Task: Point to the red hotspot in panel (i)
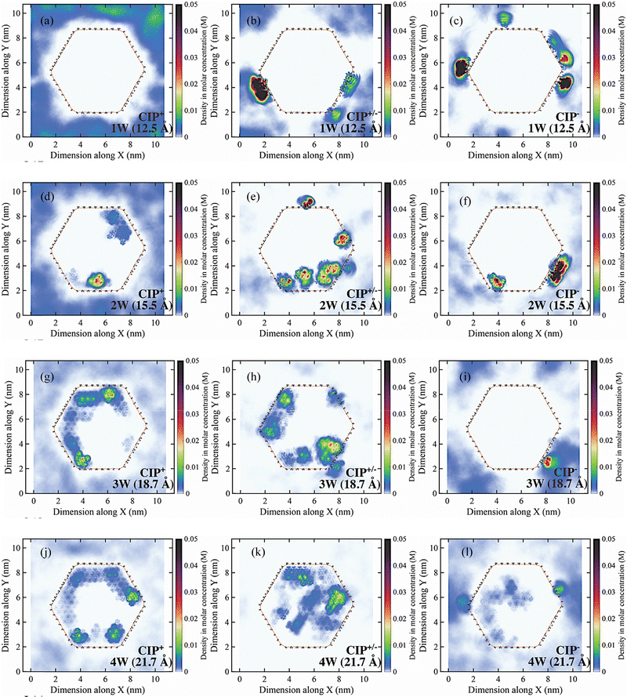point(549,462)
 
